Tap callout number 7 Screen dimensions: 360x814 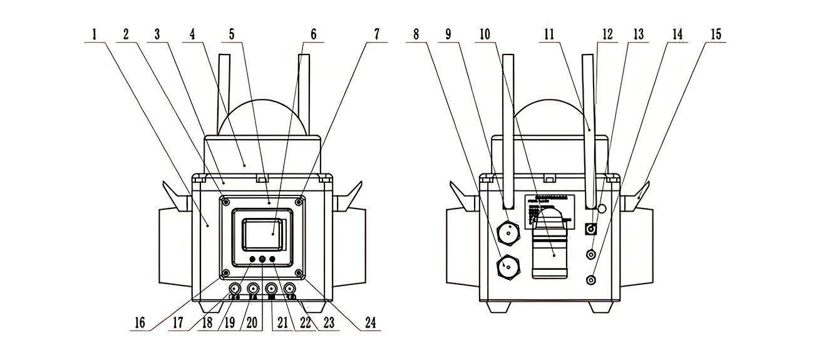pos(376,35)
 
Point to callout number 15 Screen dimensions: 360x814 pos(715,35)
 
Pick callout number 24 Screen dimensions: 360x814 pos(371,323)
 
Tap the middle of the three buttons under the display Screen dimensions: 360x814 pos(262,259)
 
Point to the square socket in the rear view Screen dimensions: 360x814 pos(589,229)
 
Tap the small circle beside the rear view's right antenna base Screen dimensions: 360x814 pos(602,208)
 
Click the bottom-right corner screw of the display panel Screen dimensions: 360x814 pos(299,273)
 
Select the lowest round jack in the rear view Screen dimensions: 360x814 pos(590,279)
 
